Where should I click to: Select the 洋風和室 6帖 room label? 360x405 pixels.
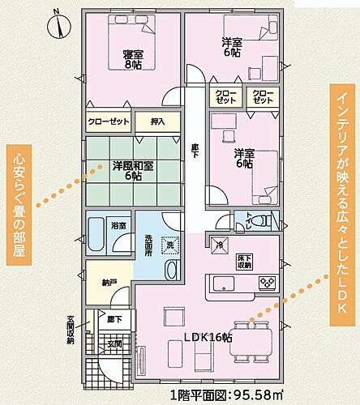click(134, 171)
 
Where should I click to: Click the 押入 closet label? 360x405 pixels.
click(158, 122)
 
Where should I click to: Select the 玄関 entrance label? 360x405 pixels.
click(114, 343)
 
